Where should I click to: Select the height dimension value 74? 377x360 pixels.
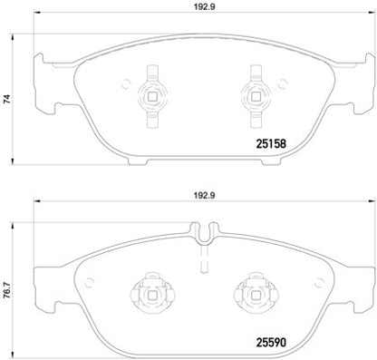click(7, 102)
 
